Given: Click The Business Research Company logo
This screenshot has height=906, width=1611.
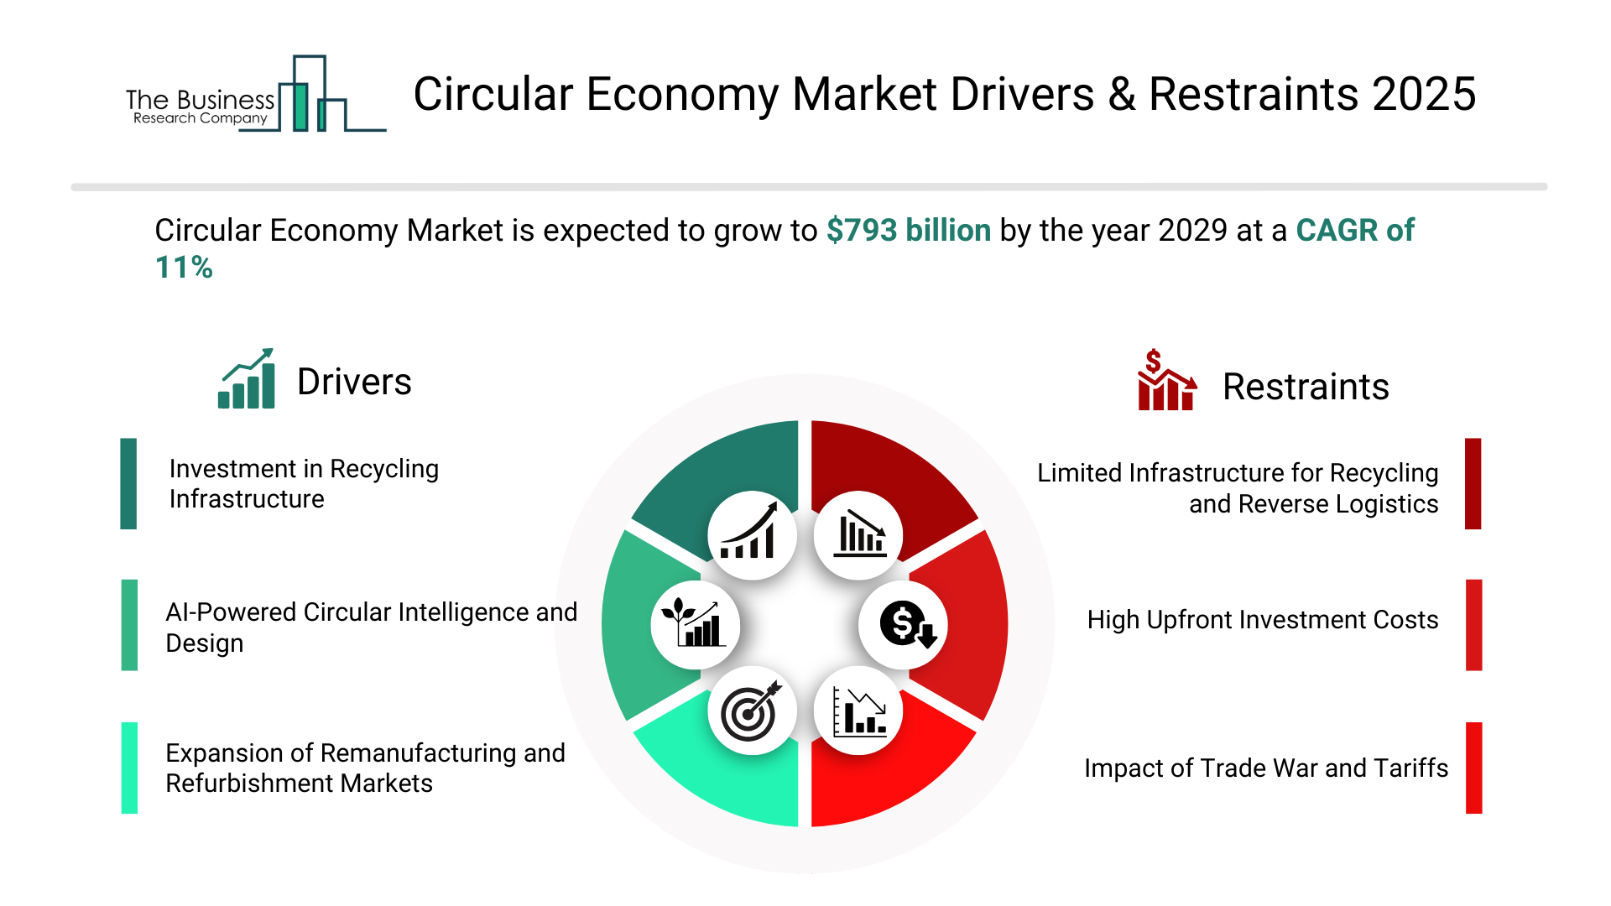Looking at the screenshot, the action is click(x=256, y=94).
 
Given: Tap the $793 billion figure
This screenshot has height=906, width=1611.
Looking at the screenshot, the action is click(x=909, y=230).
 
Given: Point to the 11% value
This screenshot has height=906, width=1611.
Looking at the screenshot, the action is click(x=184, y=268).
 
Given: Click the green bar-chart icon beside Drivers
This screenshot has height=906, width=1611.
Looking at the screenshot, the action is click(x=247, y=379).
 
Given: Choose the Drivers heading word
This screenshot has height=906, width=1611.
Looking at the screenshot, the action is click(x=354, y=383).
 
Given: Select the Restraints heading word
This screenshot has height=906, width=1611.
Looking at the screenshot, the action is click(x=1306, y=387).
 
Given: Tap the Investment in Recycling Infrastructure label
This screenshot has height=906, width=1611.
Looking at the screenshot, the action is click(x=304, y=484).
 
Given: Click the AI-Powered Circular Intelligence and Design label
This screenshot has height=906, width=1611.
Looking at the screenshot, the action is click(x=371, y=627).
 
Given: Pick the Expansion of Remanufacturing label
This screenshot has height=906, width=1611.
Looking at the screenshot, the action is click(x=365, y=768).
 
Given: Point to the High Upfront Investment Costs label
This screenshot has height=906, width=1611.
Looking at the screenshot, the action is click(x=1263, y=620).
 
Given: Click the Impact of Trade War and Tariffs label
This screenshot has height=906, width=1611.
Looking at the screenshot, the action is click(x=1266, y=768).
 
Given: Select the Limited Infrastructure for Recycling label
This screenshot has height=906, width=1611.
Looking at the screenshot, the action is click(x=1238, y=488).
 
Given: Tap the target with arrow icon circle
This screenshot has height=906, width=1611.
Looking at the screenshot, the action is click(x=752, y=711).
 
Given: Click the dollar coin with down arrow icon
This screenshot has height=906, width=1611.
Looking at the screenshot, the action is click(x=904, y=625).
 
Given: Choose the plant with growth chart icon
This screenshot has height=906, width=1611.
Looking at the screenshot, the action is click(x=696, y=625).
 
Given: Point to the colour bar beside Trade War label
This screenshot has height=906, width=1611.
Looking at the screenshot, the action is click(x=1474, y=768).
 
